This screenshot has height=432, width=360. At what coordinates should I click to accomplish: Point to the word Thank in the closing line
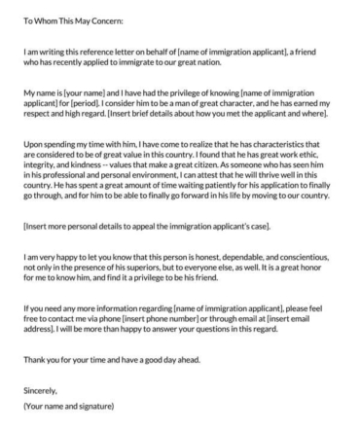click(x=34, y=357)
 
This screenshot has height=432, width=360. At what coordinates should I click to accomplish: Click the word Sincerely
click(x=41, y=386)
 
